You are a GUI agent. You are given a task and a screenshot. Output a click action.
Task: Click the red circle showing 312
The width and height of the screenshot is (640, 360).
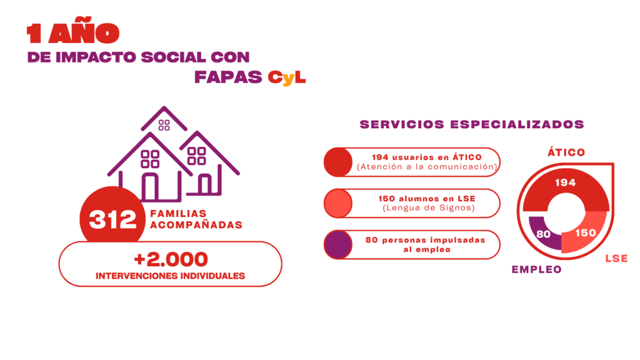[x=112, y=219]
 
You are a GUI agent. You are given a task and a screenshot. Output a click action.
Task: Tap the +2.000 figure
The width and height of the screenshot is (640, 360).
[x=171, y=259]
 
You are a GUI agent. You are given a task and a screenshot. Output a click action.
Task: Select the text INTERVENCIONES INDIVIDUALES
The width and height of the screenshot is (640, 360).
[x=170, y=276]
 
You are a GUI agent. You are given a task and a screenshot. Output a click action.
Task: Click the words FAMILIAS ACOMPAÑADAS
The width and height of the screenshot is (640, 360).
[x=196, y=219]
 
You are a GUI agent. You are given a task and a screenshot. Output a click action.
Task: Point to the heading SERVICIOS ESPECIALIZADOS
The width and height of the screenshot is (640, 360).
[x=472, y=124]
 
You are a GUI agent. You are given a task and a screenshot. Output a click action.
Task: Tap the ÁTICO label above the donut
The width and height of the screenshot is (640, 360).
[x=566, y=152]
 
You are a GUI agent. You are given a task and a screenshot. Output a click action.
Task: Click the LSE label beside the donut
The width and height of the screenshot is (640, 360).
[x=616, y=258]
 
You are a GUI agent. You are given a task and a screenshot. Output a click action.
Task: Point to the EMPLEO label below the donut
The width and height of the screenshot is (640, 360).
[x=536, y=269]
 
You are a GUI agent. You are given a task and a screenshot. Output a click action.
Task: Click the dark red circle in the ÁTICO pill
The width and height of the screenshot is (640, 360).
[x=338, y=162]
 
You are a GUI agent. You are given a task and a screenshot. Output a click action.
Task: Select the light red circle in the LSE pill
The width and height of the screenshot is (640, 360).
[x=338, y=203]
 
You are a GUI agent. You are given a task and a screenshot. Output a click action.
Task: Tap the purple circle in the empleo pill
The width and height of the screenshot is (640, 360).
[x=338, y=244]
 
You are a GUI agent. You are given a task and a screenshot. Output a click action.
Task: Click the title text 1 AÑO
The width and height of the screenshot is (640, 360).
[x=72, y=34]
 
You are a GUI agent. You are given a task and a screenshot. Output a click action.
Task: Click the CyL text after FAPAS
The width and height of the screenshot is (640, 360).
[x=287, y=78]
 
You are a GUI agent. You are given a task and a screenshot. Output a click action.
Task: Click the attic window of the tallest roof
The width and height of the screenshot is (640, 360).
[x=164, y=125]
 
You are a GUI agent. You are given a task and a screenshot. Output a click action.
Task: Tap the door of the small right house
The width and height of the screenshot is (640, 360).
[x=205, y=185]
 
